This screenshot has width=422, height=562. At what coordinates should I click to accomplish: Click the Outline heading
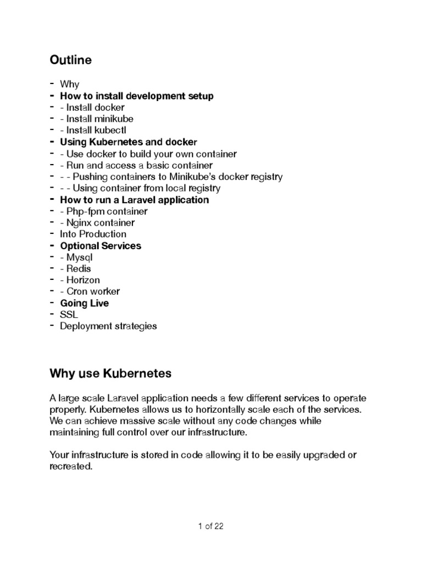pyautogui.click(x=70, y=60)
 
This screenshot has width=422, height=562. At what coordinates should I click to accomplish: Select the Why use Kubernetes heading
pyautogui.click(x=110, y=374)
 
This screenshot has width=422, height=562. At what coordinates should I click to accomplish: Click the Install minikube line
pyautogui.click(x=96, y=119)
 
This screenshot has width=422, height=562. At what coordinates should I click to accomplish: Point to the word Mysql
pyautogui.click(x=80, y=257)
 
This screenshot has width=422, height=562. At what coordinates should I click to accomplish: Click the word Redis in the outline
pyautogui.click(x=79, y=268)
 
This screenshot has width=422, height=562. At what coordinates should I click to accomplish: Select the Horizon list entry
pyautogui.click(x=83, y=280)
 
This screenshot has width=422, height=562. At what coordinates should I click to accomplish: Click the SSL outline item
pyautogui.click(x=69, y=314)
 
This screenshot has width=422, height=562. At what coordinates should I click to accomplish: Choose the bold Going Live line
pyautogui.click(x=85, y=303)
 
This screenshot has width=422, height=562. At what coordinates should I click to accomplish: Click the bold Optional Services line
pyautogui.click(x=101, y=245)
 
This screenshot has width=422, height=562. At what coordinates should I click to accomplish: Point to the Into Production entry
pyautogui.click(x=93, y=234)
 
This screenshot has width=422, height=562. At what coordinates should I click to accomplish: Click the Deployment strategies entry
pyautogui.click(x=108, y=326)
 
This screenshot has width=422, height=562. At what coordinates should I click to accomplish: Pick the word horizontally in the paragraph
pyautogui.click(x=237, y=409)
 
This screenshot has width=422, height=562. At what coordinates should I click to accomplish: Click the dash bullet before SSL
pyautogui.click(x=52, y=314)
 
